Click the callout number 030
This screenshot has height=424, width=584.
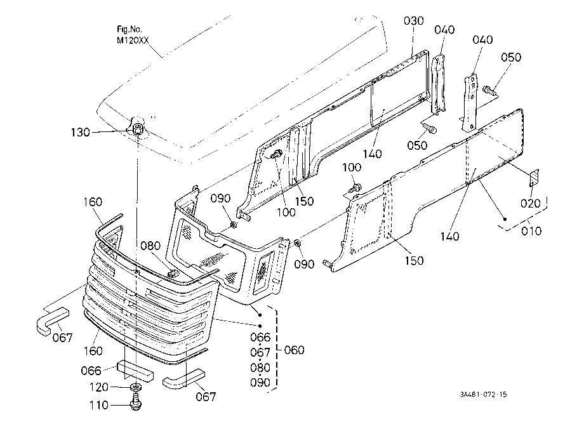[x=413, y=21]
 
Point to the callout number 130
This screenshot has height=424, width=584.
[x=80, y=132]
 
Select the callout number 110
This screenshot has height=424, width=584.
[x=98, y=405]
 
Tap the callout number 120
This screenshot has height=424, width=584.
[x=98, y=387]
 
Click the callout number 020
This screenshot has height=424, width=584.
[x=530, y=203]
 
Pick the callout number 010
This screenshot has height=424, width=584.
[x=531, y=231]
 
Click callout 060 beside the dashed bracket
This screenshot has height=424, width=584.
[x=294, y=350]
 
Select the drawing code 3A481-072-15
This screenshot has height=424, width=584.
[x=483, y=395]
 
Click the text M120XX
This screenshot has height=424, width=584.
[x=133, y=41]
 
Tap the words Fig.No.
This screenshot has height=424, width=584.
[x=129, y=29]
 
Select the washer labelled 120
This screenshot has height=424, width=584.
[x=136, y=388]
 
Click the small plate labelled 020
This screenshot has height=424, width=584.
[x=534, y=177]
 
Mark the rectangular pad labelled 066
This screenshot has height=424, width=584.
[x=135, y=371]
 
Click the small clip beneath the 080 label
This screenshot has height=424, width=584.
[x=173, y=274]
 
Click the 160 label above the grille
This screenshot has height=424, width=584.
[x=93, y=202]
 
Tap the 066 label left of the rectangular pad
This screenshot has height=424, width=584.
[x=91, y=371]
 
